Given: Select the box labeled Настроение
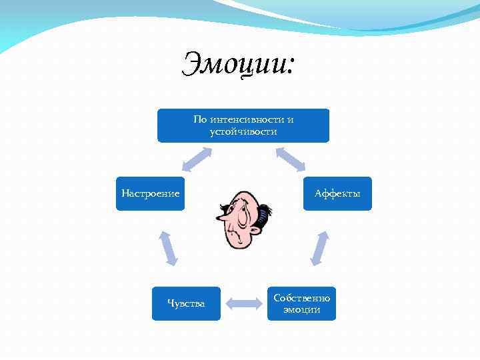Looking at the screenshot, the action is pyautogui.click(x=150, y=193).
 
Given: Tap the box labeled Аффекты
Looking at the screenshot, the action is pyautogui.click(x=337, y=193).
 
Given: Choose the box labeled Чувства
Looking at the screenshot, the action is pyautogui.click(x=186, y=303).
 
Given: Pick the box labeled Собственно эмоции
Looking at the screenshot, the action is pyautogui.click(x=301, y=303).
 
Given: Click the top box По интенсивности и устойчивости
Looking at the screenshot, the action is pyautogui.click(x=243, y=125).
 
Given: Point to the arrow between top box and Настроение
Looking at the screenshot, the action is pyautogui.click(x=197, y=159).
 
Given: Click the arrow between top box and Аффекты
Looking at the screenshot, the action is pyautogui.click(x=290, y=159).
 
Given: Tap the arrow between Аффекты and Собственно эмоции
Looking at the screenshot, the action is pyautogui.click(x=320, y=248).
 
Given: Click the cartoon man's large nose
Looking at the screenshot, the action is pyautogui.click(x=223, y=217).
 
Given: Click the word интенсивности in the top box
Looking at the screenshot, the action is pyautogui.click(x=248, y=120).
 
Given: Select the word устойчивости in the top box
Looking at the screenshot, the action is pyautogui.click(x=243, y=131).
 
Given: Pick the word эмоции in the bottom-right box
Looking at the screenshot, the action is pyautogui.click(x=301, y=310).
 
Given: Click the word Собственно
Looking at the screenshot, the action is pyautogui.click(x=301, y=297).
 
